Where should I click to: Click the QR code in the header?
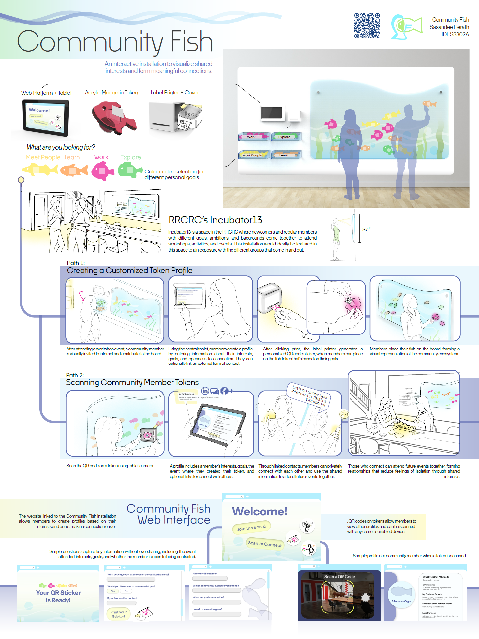pos(367,26)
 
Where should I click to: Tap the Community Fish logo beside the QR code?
pos(406,27)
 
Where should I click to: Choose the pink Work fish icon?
pos(102,171)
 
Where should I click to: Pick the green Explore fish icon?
pos(130,170)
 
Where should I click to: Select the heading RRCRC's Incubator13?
pos(215,220)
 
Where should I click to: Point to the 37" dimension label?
pos(366,230)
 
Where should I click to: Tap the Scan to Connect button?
pos(265,544)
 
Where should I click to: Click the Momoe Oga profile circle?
pos(401,594)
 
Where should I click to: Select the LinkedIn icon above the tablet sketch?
pos(205,391)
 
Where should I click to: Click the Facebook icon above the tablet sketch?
pos(224,391)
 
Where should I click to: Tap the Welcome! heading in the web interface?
pos(260,511)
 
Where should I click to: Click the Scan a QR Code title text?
pos(339,577)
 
